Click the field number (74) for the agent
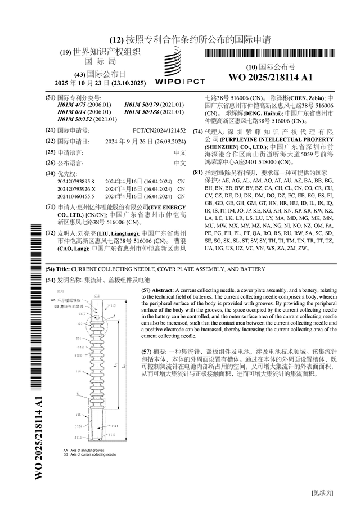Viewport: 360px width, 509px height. [197, 132]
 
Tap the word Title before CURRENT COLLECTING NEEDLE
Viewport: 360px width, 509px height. [62, 269]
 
